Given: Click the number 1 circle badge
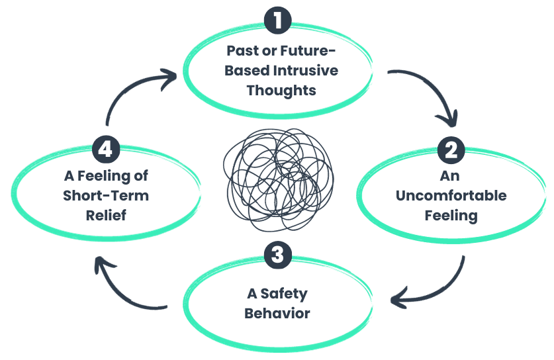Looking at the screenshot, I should point(277,21).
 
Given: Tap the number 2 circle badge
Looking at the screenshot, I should point(451,149).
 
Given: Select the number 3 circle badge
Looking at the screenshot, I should point(277,256).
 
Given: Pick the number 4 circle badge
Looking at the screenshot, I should point(108,149).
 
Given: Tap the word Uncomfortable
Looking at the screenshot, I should point(450,196).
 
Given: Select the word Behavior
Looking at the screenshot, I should point(277,312).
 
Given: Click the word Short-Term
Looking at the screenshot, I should point(106,195).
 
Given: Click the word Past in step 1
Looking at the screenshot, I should point(241,51).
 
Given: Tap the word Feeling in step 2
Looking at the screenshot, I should point(450,215).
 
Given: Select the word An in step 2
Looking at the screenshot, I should point(450,177).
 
